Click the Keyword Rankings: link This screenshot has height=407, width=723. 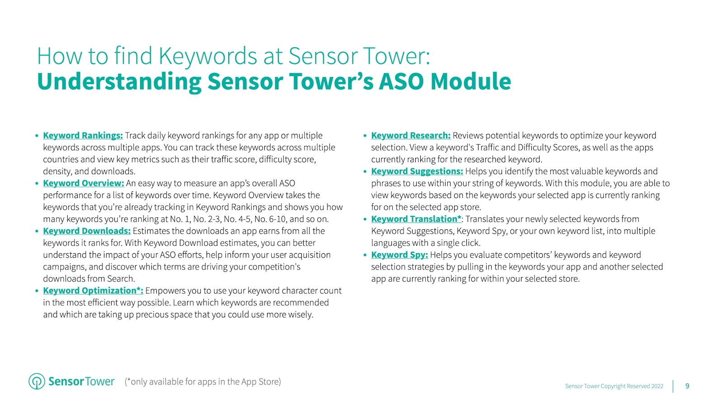tap(83, 136)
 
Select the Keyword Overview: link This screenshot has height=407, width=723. tap(83, 183)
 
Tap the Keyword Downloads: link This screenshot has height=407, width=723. tap(87, 231)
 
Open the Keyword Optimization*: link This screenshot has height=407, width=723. tap(93, 291)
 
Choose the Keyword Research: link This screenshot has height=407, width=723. tap(411, 136)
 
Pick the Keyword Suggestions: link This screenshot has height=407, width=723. tap(417, 171)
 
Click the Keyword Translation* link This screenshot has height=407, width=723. tap(416, 219)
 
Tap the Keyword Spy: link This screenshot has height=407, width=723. tap(399, 255)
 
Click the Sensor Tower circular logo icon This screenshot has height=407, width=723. tap(37, 381)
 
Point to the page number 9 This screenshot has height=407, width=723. tap(687, 386)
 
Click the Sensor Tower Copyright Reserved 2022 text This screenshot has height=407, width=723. tap(614, 386)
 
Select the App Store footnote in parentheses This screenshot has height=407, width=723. tap(203, 382)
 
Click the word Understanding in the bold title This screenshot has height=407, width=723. tap(119, 82)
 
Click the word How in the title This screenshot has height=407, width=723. tap(60, 57)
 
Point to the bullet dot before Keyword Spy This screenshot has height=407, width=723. tap(365, 256)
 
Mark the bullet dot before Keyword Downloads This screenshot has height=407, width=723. tap(37, 232)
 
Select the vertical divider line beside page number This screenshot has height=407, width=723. tap(673, 386)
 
